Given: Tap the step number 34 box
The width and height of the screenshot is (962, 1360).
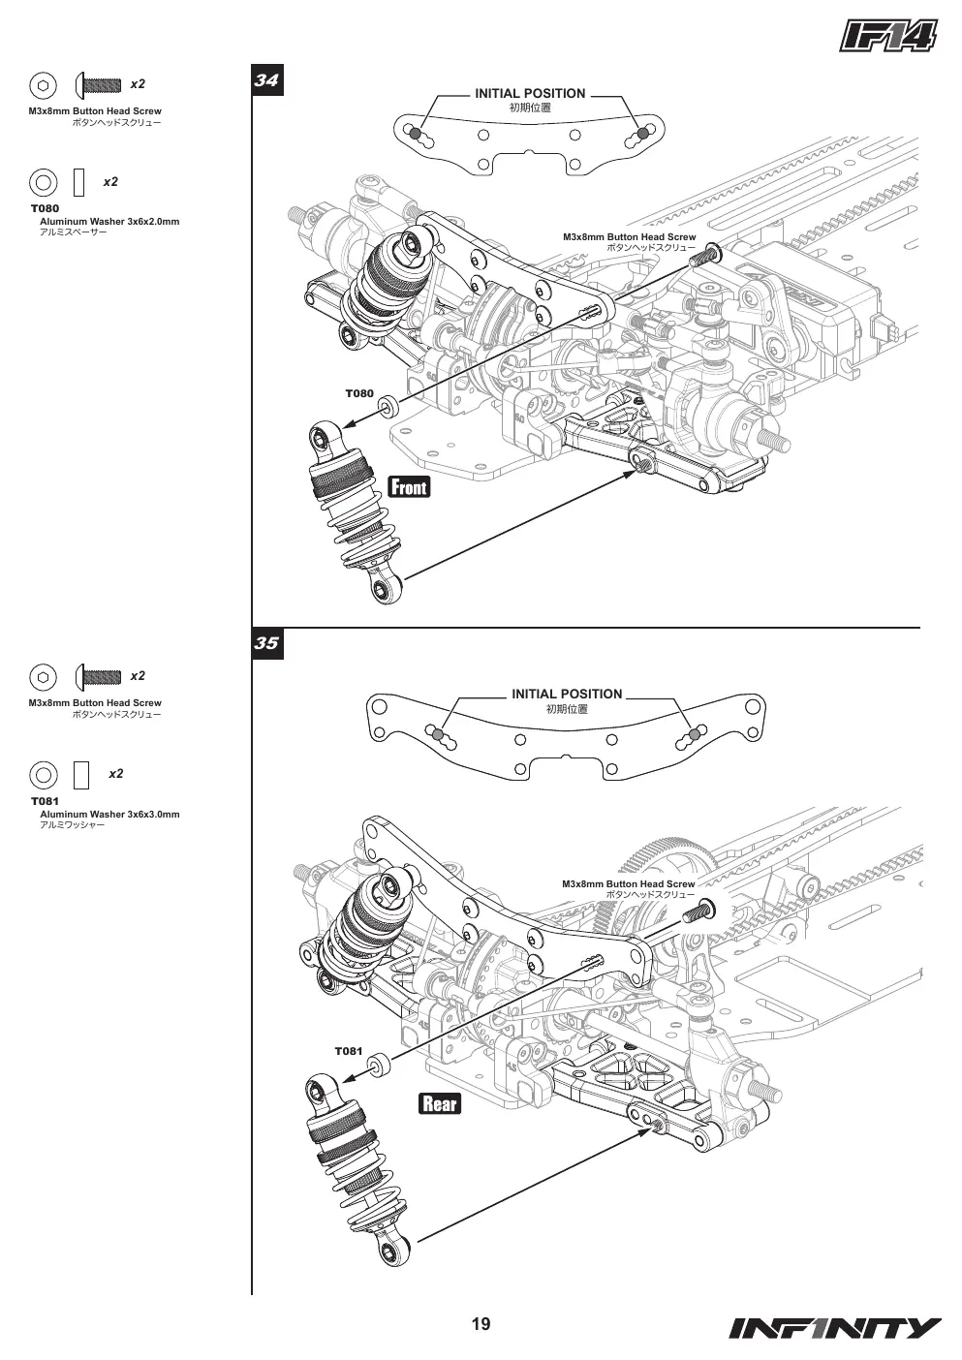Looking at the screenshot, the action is click(267, 80).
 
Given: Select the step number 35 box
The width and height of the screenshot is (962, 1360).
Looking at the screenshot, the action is click(267, 643).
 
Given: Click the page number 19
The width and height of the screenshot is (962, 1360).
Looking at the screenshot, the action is click(481, 1323).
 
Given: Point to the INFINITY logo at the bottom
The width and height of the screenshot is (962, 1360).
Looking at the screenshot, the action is click(835, 1328).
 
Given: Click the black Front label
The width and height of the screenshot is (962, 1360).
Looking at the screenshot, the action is click(410, 486).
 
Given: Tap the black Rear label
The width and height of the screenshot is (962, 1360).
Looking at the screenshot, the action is click(440, 1103).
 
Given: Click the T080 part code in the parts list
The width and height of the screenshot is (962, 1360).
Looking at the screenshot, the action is click(45, 208).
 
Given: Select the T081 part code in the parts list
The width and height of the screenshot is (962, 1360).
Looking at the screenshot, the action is click(45, 801).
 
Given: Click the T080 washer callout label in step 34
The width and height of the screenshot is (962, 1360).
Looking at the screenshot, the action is click(359, 393).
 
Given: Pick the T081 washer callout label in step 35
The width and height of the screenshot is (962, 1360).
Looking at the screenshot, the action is click(349, 1051).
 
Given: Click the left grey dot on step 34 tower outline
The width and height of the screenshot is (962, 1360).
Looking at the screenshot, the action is click(416, 134).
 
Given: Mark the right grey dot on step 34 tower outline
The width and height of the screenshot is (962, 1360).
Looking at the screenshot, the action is click(642, 134).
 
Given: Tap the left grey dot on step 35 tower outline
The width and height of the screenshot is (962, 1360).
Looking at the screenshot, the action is click(439, 734).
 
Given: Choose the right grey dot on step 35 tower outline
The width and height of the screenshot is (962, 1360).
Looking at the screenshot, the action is click(695, 734).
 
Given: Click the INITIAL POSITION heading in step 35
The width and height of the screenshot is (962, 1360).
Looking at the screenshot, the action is click(568, 694).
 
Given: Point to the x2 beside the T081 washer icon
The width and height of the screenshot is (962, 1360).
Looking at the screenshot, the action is click(116, 774).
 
